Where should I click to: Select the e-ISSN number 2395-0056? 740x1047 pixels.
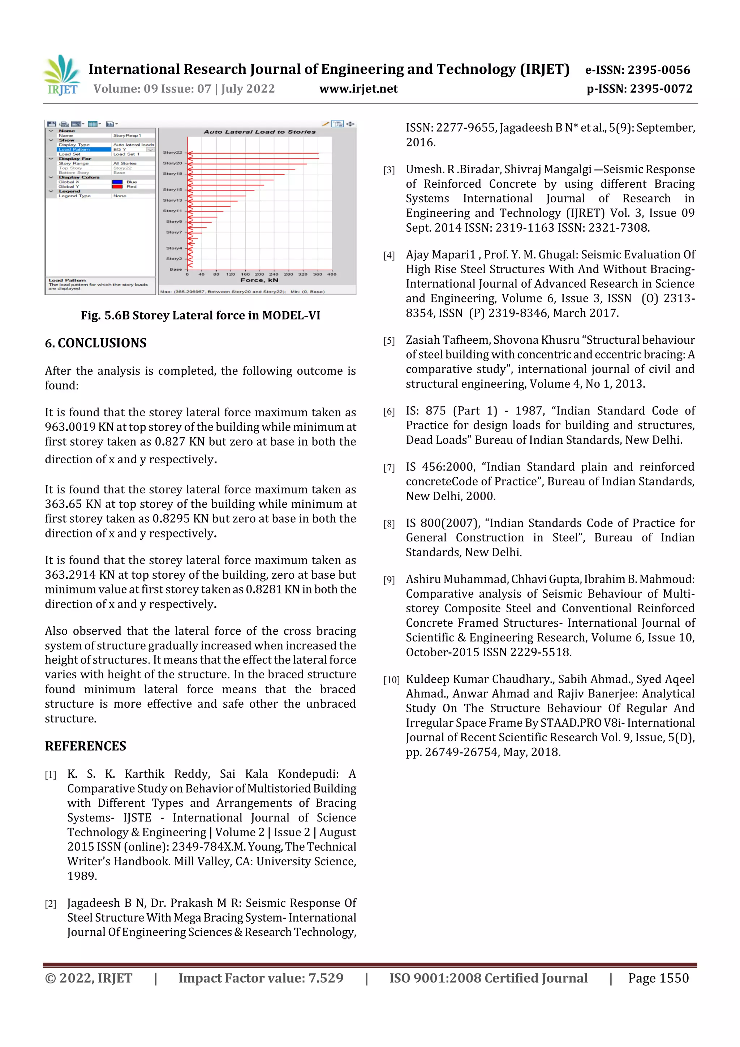(x=658, y=70)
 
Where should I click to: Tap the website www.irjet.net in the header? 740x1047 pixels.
(x=358, y=89)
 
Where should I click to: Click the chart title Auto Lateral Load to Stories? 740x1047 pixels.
(x=259, y=132)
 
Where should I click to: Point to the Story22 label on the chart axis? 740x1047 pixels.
(x=172, y=152)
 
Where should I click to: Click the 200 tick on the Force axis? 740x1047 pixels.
(x=259, y=275)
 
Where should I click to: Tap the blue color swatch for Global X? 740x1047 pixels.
(x=117, y=182)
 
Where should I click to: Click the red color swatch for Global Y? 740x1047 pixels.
(x=117, y=186)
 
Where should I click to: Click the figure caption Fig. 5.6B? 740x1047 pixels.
(x=200, y=316)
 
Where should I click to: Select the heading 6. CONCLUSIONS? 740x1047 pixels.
(x=96, y=343)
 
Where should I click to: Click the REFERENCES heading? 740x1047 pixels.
(x=85, y=746)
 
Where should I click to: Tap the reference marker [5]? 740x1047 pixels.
(x=389, y=341)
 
